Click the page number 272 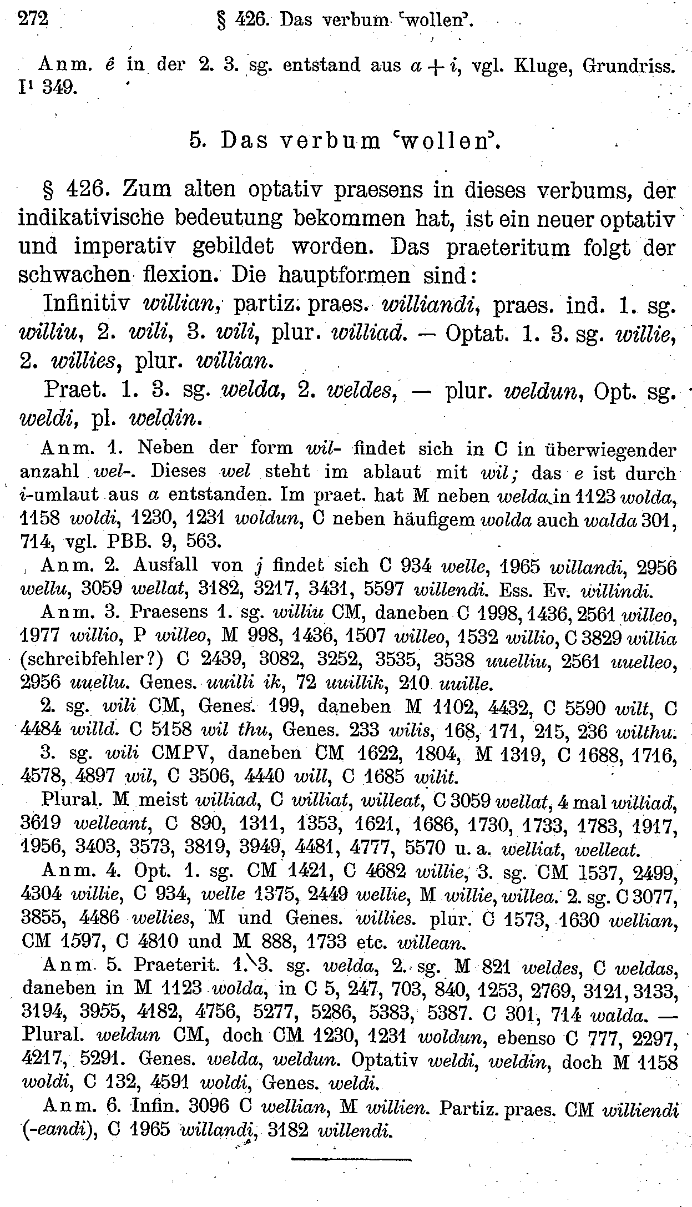pos(33,20)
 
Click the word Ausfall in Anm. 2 pos(165,565)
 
